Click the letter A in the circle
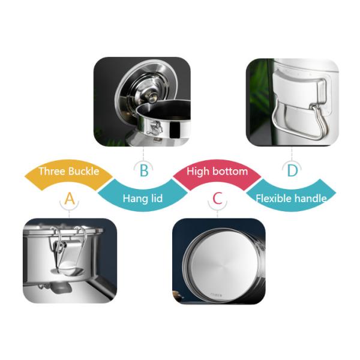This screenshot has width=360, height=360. tap(70, 199)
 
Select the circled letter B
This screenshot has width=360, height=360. tap(144, 171)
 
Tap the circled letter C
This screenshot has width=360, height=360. tap(218, 199)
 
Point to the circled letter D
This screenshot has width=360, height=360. tap(292, 171)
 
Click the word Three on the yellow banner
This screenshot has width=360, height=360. tap(52, 172)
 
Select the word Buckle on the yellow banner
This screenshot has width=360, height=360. tap(83, 172)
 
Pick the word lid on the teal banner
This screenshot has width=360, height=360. tap(157, 198)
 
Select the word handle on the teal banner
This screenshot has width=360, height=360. tap(311, 198)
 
